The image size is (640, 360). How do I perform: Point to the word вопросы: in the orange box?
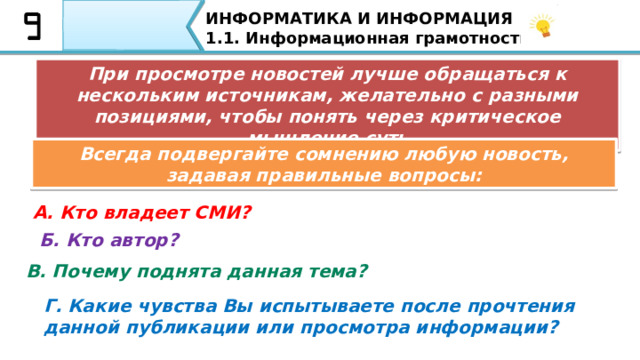(x=440, y=175)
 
